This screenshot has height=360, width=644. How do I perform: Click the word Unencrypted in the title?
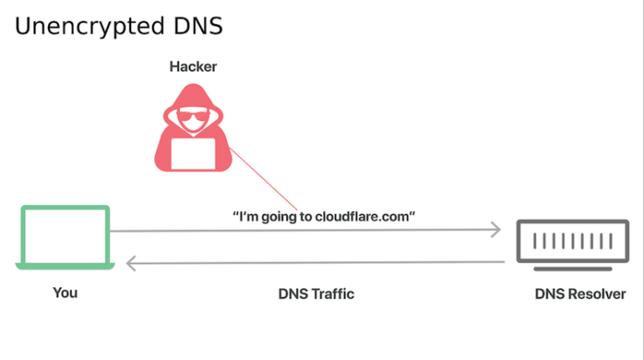pyautogui.click(x=88, y=26)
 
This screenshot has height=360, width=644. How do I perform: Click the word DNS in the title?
pyautogui.click(x=196, y=26)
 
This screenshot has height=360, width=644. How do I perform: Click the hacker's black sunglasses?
pyautogui.click(x=193, y=117)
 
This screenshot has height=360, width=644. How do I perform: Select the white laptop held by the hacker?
pyautogui.click(x=194, y=152)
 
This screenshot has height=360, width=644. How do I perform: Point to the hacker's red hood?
pyautogui.click(x=193, y=99)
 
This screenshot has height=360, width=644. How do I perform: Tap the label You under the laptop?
pyautogui.click(x=65, y=293)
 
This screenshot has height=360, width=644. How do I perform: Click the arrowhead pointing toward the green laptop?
pyautogui.click(x=130, y=263)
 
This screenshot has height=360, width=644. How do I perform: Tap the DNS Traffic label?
pyautogui.click(x=316, y=294)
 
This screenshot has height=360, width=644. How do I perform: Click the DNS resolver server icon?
pyautogui.click(x=571, y=244)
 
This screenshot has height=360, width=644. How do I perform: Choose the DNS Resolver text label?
pyautogui.click(x=579, y=295)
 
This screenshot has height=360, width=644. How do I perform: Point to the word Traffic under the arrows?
pyautogui.click(x=333, y=294)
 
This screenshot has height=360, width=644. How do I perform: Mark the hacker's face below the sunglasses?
pyautogui.click(x=193, y=128)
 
